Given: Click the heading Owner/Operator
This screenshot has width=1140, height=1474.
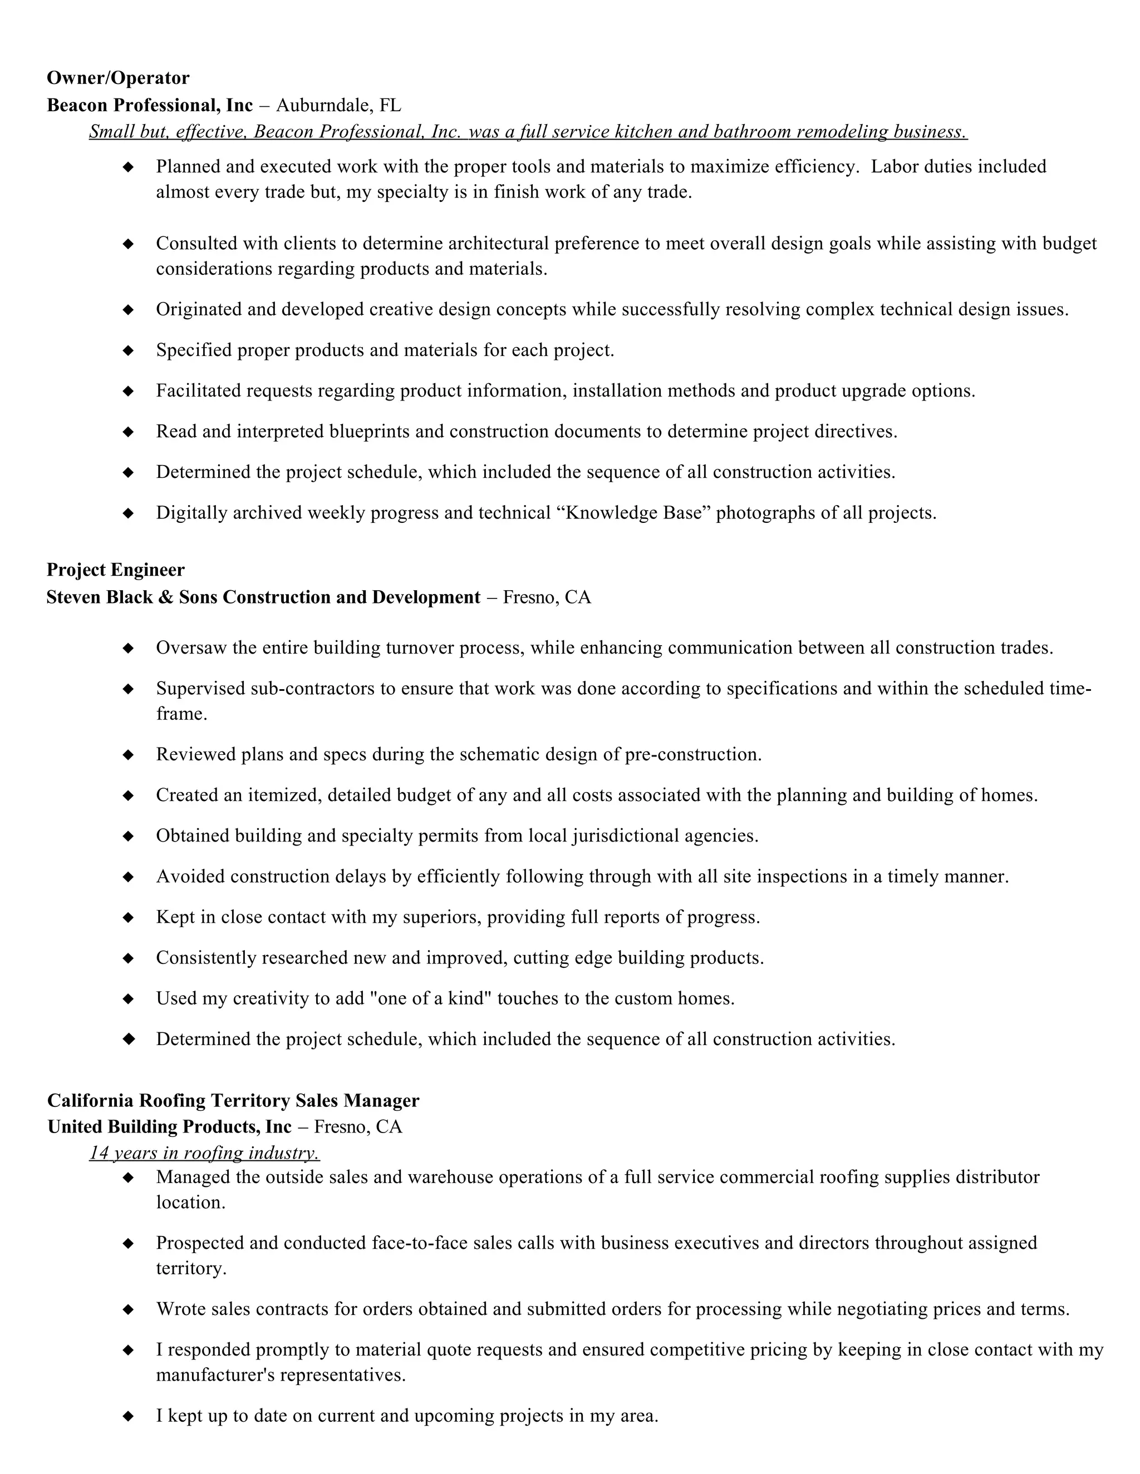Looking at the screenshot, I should [x=118, y=78].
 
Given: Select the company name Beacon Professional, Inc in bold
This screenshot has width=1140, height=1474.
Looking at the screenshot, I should [x=149, y=105].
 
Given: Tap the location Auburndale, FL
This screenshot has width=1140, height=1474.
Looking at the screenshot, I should [x=338, y=105].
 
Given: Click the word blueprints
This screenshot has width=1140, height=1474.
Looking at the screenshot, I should [x=368, y=431].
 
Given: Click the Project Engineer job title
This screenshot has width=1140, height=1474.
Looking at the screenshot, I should [x=115, y=570].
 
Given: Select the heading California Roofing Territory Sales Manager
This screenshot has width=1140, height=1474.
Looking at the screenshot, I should [x=233, y=1101].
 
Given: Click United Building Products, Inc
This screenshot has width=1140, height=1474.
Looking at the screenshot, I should [x=170, y=1127].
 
